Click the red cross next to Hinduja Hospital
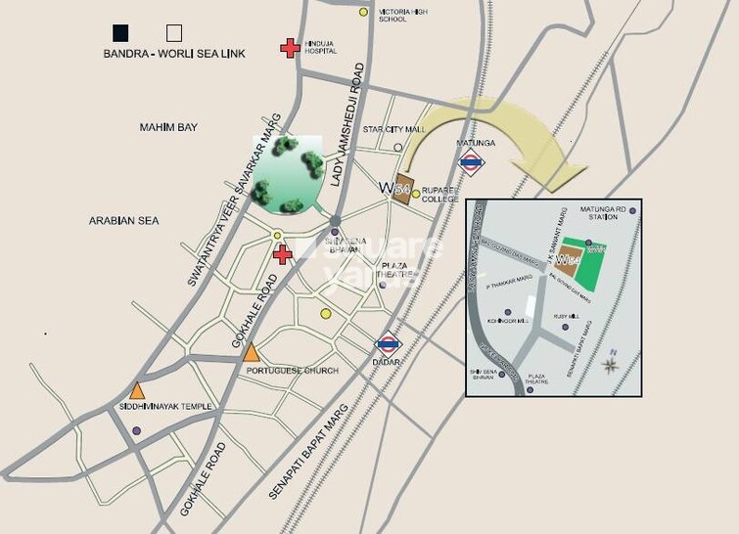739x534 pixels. [x=289, y=47]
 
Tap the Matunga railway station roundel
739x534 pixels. [x=472, y=163]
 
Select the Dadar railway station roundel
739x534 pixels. [x=388, y=343]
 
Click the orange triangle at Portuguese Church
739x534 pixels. [x=252, y=352]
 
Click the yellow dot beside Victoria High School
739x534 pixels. [x=364, y=13]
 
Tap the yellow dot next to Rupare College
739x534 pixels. [x=415, y=194]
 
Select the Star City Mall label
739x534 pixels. [x=393, y=129]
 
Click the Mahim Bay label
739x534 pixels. [x=168, y=128]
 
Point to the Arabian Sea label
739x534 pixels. [x=122, y=220]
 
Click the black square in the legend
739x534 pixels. [x=119, y=31]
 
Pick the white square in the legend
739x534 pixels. [x=175, y=31]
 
